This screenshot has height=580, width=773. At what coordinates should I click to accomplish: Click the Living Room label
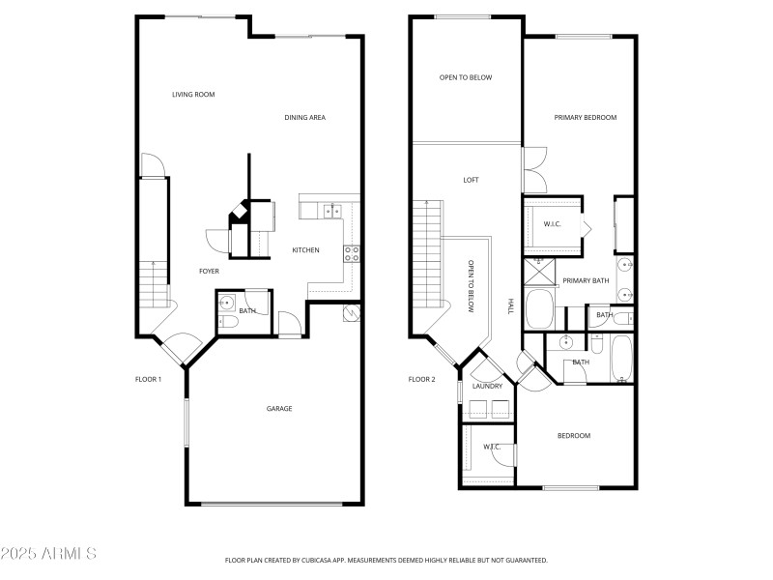coord(193,95)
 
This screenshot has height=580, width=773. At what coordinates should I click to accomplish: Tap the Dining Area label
coord(304,118)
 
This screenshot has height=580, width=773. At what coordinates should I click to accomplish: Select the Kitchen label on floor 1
coord(305,250)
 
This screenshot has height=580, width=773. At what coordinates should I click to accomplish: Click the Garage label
coord(279,409)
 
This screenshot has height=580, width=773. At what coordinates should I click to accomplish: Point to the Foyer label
coord(209,272)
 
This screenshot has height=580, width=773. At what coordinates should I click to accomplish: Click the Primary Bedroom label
coord(585,118)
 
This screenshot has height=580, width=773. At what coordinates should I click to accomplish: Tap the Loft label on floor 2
coord(471,180)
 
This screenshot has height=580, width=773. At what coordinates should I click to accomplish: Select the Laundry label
coord(487,387)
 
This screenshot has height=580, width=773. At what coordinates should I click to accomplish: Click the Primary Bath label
coord(586,281)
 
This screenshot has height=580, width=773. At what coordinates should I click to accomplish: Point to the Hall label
coord(509,304)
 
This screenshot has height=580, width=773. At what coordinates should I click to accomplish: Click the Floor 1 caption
coord(148,380)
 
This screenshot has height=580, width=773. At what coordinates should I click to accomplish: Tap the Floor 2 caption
coord(421,380)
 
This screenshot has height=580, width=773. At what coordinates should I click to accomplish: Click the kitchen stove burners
coord(353,254)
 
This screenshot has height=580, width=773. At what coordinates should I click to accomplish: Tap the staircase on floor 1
coord(150,281)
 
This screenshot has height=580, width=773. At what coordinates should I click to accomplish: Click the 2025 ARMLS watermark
coord(48,555)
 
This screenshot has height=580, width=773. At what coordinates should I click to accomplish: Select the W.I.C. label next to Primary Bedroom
coord(552,224)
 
